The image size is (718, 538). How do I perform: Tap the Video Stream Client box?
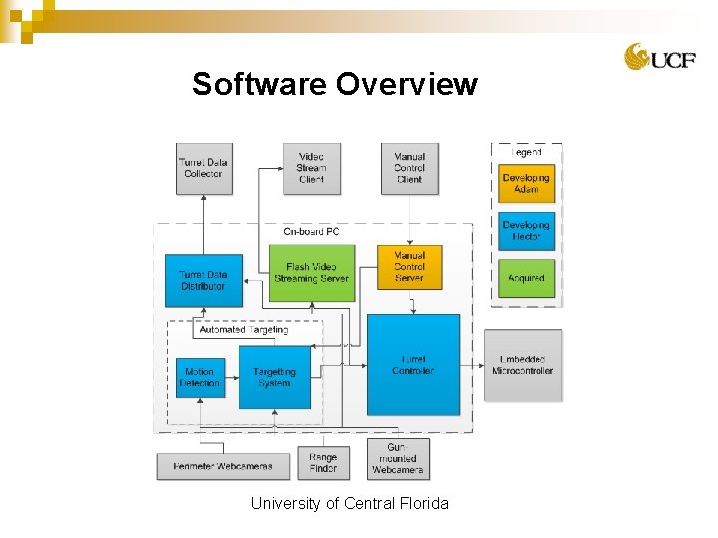311,168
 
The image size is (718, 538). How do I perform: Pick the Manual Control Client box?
409,168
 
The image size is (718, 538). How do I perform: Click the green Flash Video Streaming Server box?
312,273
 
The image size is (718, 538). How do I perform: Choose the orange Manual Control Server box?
409,267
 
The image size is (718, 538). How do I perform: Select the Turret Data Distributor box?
203,280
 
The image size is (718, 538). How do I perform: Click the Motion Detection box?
200,377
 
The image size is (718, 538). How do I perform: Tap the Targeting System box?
274,377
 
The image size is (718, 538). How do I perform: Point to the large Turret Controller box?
413,364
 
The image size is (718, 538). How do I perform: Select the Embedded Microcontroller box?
523,365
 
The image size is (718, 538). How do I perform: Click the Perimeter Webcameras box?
222,466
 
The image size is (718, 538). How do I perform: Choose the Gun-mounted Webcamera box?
398,459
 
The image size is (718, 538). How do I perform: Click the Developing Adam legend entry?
526,183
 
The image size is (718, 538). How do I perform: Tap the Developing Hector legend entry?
526,231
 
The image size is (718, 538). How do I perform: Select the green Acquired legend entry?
526,278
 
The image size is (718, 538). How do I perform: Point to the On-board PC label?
311,232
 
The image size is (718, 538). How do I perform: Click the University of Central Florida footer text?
349,503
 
